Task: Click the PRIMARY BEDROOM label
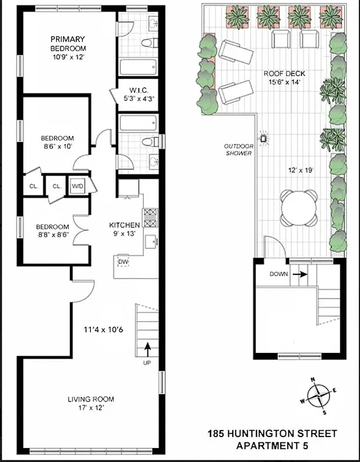68,44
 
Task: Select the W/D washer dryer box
77,187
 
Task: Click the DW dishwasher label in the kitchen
123,262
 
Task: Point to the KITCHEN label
125,225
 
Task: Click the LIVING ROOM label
91,399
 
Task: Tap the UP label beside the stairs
147,363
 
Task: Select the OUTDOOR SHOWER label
239,150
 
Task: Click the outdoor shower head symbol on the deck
265,137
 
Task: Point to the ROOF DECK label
284,74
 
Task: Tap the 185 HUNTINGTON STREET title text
272,433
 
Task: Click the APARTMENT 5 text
272,446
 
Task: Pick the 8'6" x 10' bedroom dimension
57,147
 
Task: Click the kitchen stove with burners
150,218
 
